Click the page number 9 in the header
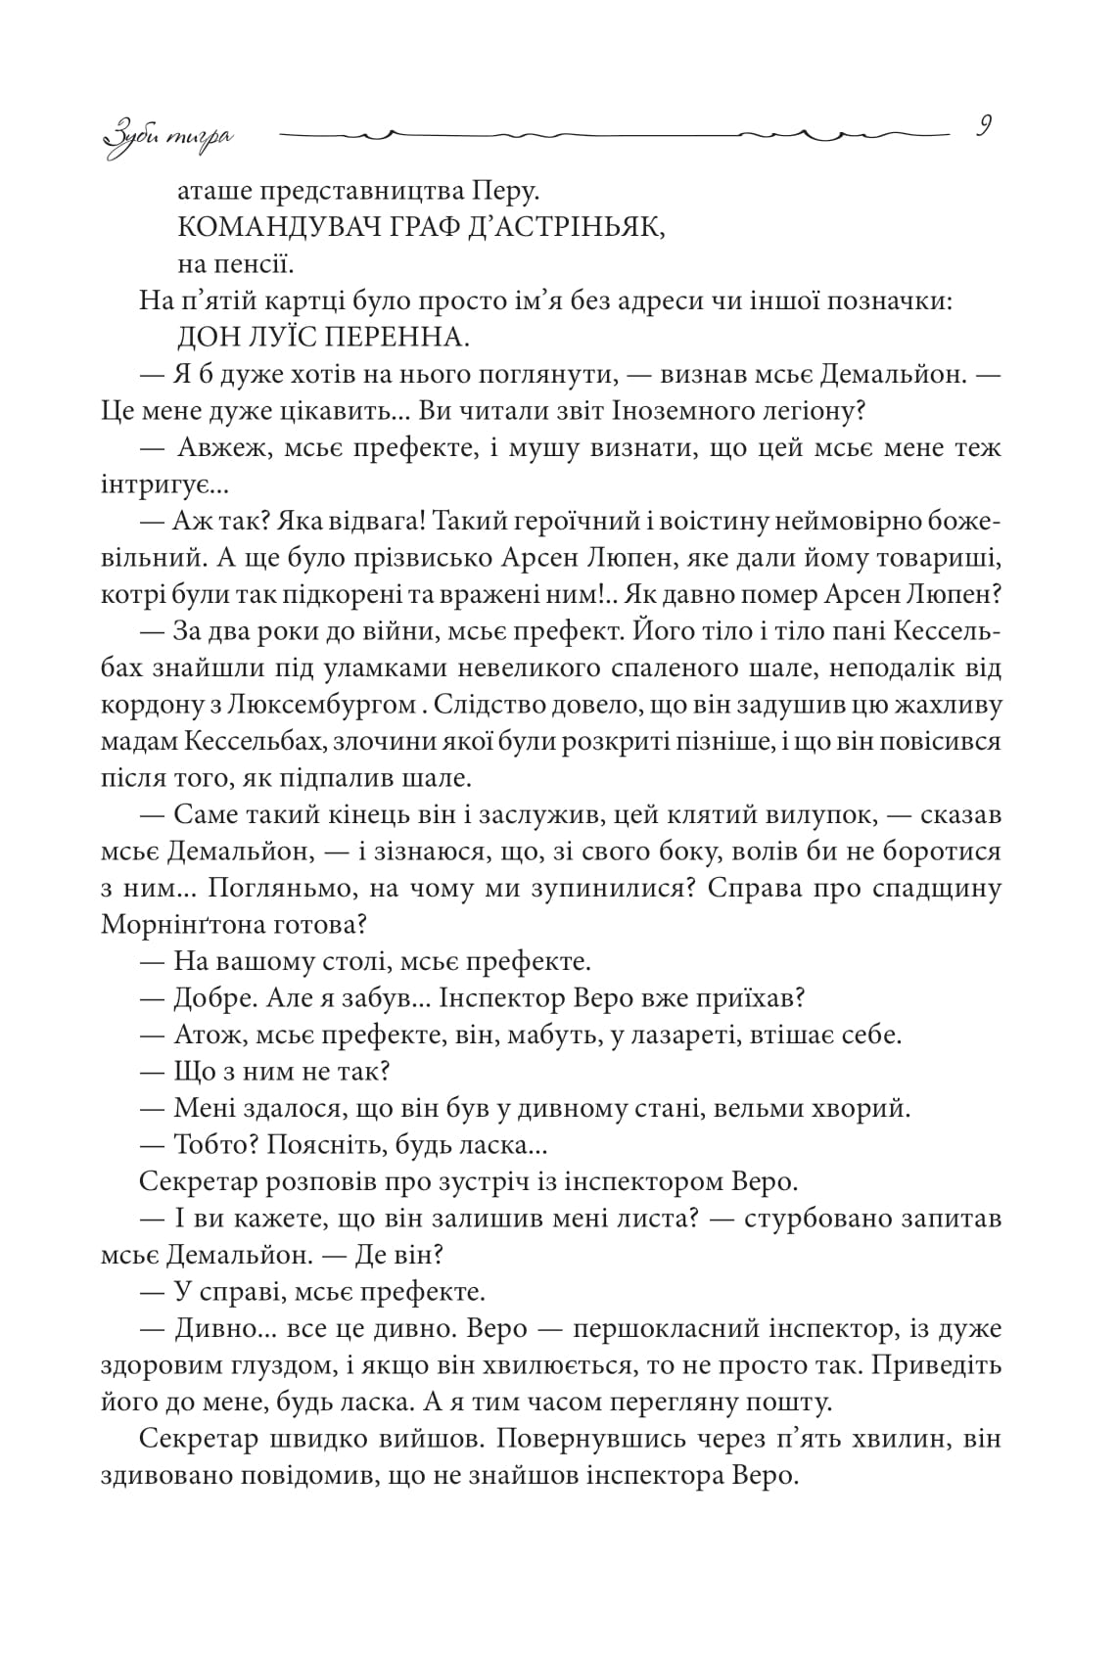pos(984,127)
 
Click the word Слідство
pos(488,705)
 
